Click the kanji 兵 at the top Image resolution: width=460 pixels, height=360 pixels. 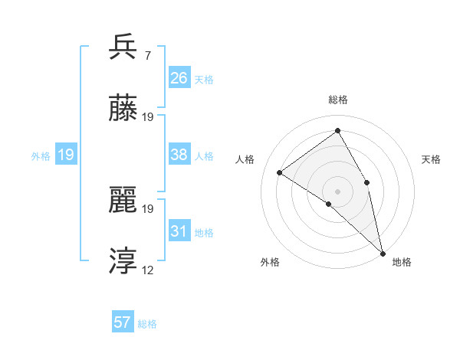[123, 47]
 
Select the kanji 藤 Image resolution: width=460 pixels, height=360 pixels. [123, 110]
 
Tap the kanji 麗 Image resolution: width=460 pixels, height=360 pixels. [123, 200]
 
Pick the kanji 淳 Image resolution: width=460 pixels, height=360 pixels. [123, 262]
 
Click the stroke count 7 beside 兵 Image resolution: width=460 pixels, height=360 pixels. [147, 56]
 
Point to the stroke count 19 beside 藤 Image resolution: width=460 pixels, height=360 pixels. [148, 118]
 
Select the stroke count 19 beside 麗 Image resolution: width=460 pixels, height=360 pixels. [148, 208]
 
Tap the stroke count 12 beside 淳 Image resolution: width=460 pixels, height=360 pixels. [148, 271]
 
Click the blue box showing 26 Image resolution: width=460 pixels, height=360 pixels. [179, 78]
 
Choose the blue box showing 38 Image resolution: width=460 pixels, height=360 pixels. [179, 155]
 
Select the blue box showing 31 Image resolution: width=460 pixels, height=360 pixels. [179, 231]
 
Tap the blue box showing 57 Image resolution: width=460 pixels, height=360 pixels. [123, 322]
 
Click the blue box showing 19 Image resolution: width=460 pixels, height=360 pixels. [66, 155]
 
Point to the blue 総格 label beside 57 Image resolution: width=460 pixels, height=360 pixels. [147, 324]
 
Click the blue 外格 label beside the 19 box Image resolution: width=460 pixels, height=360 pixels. [41, 156]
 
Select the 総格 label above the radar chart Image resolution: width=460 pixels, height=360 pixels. [338, 100]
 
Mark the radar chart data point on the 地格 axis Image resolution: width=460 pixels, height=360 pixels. [383, 252]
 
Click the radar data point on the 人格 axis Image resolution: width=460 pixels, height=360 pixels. [280, 172]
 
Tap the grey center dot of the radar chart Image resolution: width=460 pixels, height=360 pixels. [338, 191]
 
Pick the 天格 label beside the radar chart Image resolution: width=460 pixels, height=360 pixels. [432, 159]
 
